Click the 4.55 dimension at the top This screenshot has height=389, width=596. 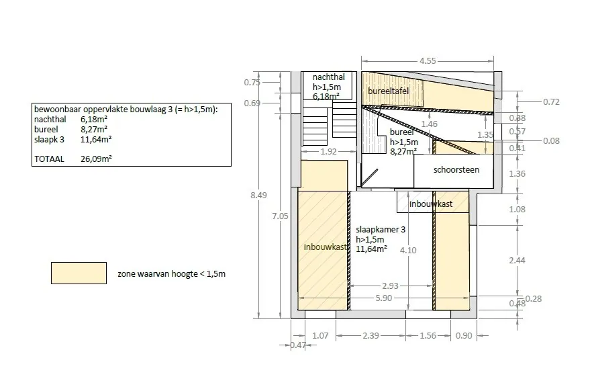pyautogui.click(x=428, y=61)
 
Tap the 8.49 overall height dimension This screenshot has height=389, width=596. pyautogui.click(x=258, y=196)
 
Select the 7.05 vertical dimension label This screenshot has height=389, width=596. pyautogui.click(x=280, y=216)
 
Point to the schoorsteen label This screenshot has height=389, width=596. pyautogui.click(x=456, y=170)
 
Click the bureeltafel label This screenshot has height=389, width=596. pyautogui.click(x=388, y=91)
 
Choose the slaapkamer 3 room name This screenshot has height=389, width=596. pyautogui.click(x=381, y=230)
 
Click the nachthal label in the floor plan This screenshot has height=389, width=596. pyautogui.click(x=328, y=77)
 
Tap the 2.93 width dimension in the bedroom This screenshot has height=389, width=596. pyautogui.click(x=391, y=286)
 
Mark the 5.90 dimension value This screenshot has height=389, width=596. pyautogui.click(x=383, y=298)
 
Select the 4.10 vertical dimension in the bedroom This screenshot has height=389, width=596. pyautogui.click(x=408, y=250)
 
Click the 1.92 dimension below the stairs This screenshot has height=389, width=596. pyautogui.click(x=328, y=151)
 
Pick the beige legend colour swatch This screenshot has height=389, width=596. pyautogui.click(x=79, y=273)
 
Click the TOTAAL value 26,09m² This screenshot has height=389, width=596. pyautogui.click(x=96, y=159)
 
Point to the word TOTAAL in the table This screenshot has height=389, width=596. pyautogui.click(x=49, y=159)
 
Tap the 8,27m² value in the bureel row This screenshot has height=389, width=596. pyautogui.click(x=94, y=129)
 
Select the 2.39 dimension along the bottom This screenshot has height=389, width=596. pyautogui.click(x=370, y=336)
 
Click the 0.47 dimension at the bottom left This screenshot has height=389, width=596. pyautogui.click(x=298, y=345)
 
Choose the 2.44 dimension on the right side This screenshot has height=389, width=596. pyautogui.click(x=517, y=261)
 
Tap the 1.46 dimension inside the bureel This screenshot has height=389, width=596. pyautogui.click(x=429, y=124)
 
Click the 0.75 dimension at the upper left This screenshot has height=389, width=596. pyautogui.click(x=252, y=83)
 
